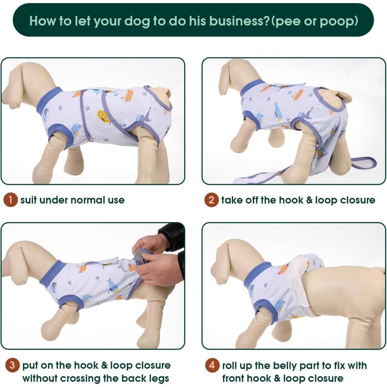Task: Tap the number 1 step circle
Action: [11, 200]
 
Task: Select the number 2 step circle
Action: [211, 200]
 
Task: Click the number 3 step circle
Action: [12, 365]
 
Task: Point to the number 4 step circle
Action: [212, 365]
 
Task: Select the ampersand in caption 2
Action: [309, 200]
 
